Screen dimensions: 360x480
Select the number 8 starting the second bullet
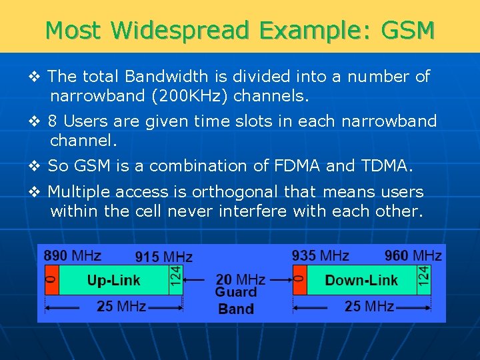pos(53,121)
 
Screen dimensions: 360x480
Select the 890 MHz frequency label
pos(73,255)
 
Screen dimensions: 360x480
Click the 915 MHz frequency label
pos(164,257)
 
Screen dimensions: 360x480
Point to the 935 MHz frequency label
pos(320,255)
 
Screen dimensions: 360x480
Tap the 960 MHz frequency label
pos(413,255)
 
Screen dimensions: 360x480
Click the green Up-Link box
pos(113,280)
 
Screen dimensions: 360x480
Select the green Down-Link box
pos(361,280)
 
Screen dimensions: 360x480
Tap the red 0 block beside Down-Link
pos(299,280)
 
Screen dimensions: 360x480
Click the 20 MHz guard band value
pos(240,279)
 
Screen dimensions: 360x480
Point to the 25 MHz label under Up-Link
pos(121,307)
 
